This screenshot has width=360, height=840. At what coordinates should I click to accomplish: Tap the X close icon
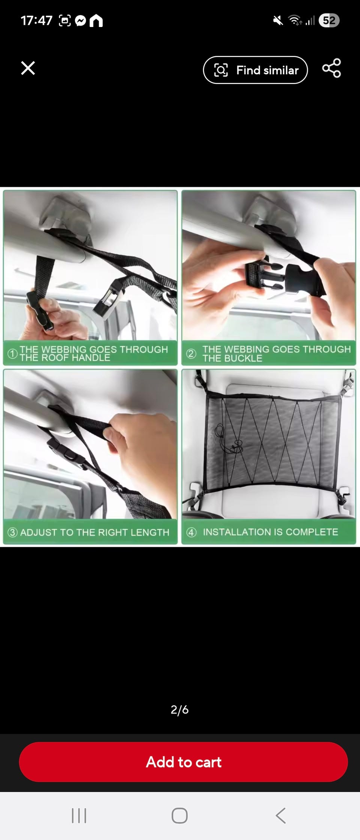click(28, 68)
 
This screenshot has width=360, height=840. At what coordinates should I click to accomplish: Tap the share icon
click(331, 68)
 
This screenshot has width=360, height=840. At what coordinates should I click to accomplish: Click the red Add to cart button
click(183, 762)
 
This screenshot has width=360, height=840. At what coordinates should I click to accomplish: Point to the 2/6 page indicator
click(180, 709)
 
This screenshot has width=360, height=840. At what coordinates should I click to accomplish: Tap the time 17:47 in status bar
click(36, 21)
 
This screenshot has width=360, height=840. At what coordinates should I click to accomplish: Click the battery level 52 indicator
click(329, 20)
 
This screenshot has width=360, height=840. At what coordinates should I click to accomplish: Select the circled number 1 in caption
click(13, 354)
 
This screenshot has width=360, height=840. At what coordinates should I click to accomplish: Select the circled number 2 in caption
click(191, 354)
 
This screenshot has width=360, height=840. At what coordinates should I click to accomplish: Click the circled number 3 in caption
click(13, 532)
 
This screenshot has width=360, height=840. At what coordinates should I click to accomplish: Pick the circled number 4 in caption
click(191, 532)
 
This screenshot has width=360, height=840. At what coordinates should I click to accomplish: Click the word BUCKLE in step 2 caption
click(244, 358)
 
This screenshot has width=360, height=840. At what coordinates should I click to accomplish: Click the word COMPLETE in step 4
click(312, 532)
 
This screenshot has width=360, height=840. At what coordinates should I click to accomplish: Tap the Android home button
click(180, 816)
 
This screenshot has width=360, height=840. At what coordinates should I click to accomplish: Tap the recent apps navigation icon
click(79, 816)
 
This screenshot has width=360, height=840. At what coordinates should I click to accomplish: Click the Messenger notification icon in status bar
click(81, 21)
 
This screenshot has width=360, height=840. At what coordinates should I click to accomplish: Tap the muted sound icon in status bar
click(278, 21)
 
